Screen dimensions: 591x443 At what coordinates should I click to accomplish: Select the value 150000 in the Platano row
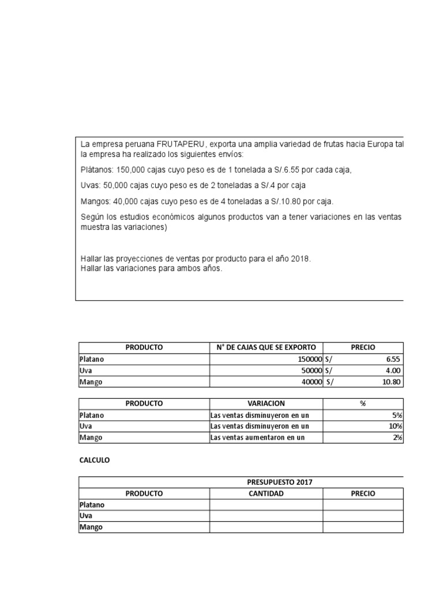point(308,359)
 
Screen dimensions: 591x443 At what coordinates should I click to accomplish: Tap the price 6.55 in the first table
point(393,359)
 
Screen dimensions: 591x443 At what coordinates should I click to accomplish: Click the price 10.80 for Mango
point(391,382)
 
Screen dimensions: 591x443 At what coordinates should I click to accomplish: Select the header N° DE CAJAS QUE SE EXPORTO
point(266,347)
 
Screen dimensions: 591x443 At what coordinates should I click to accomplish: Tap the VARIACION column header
point(266,403)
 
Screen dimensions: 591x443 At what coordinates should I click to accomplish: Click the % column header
point(363,403)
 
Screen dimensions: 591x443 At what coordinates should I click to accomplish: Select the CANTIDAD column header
point(266,493)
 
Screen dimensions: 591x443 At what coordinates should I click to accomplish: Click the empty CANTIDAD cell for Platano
point(266,505)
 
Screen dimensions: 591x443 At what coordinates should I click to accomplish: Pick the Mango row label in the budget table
point(91,528)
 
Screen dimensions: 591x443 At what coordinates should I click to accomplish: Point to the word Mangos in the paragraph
point(94,201)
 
